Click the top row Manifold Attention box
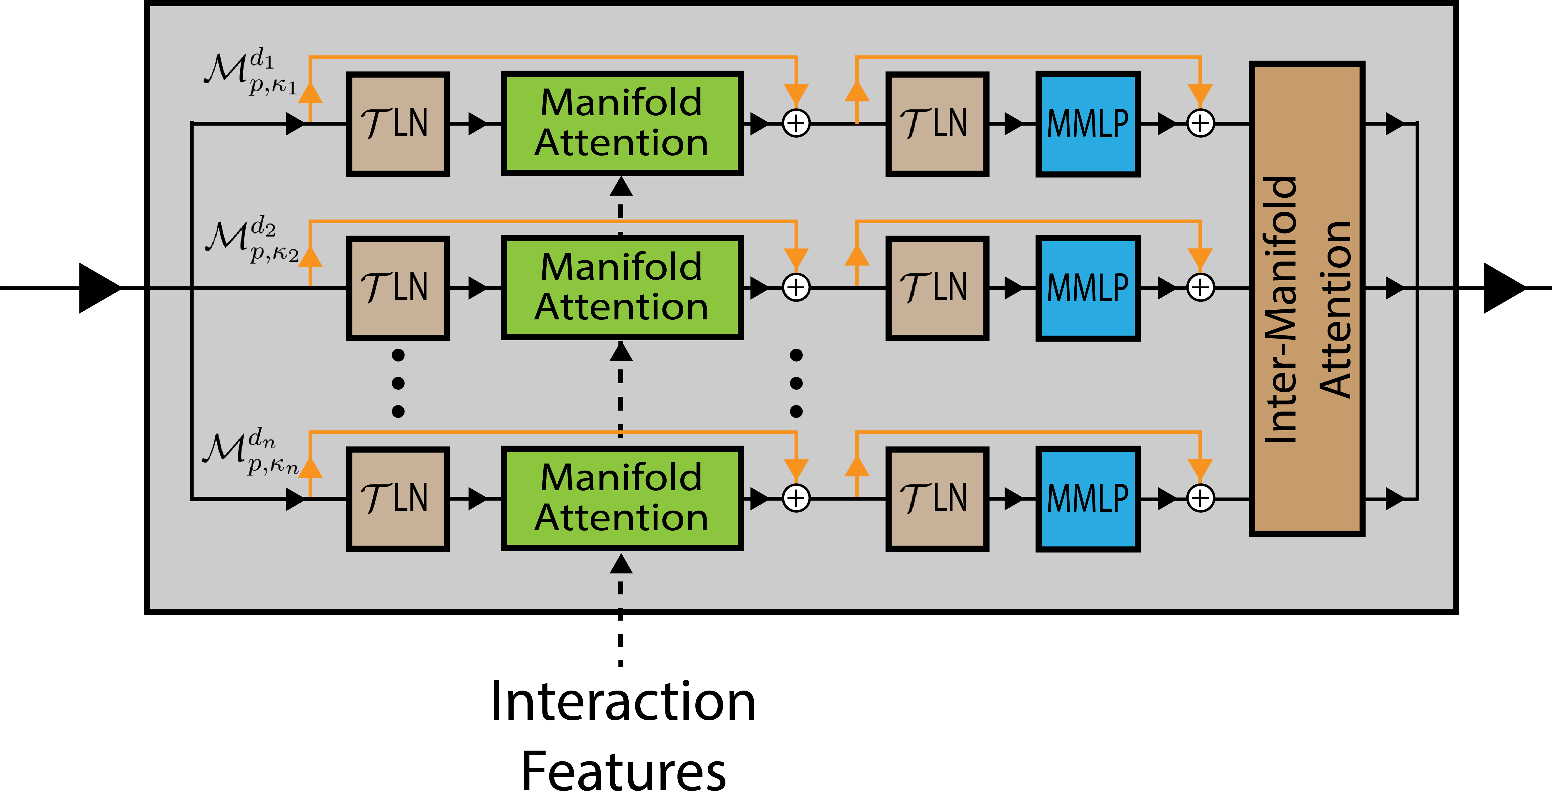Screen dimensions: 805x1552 click(x=622, y=124)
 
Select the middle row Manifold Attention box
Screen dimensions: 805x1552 click(x=622, y=287)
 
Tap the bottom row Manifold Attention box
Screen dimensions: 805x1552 click(x=622, y=498)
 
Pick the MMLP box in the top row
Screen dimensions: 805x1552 click(x=1088, y=124)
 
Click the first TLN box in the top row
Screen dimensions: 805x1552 click(x=398, y=124)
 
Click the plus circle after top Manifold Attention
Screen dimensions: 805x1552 click(x=796, y=124)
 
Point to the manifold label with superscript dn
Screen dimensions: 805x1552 click(x=250, y=451)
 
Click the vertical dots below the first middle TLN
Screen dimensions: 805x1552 click(x=398, y=383)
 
